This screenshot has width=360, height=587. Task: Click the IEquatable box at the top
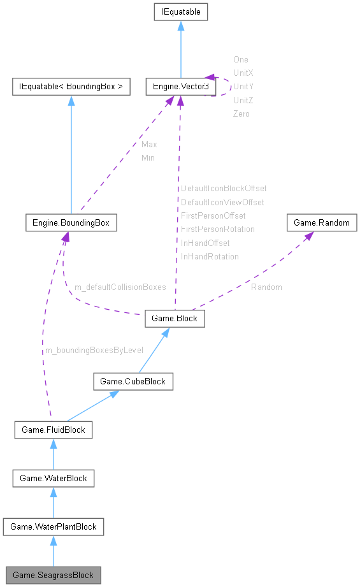180,11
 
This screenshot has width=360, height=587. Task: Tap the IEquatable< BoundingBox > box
71,86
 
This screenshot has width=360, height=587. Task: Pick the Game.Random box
322,223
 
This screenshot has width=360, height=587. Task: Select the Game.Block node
175,319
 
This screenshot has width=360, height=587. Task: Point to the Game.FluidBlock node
54,430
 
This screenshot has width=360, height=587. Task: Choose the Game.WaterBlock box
54,478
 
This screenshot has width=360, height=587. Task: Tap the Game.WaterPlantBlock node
54,526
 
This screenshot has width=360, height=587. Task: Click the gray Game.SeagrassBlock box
54,575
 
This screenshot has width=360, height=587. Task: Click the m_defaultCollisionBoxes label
120,287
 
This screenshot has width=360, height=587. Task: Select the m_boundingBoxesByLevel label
94,351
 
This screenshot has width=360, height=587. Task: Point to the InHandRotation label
210,256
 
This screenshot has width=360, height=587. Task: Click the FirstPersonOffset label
213,215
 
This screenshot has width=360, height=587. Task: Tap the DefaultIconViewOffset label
222,202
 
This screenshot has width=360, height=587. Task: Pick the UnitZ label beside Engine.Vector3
243,100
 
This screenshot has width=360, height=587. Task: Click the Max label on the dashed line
149,145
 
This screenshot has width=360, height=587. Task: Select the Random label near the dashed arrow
266,287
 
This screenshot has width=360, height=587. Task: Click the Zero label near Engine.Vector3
241,113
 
